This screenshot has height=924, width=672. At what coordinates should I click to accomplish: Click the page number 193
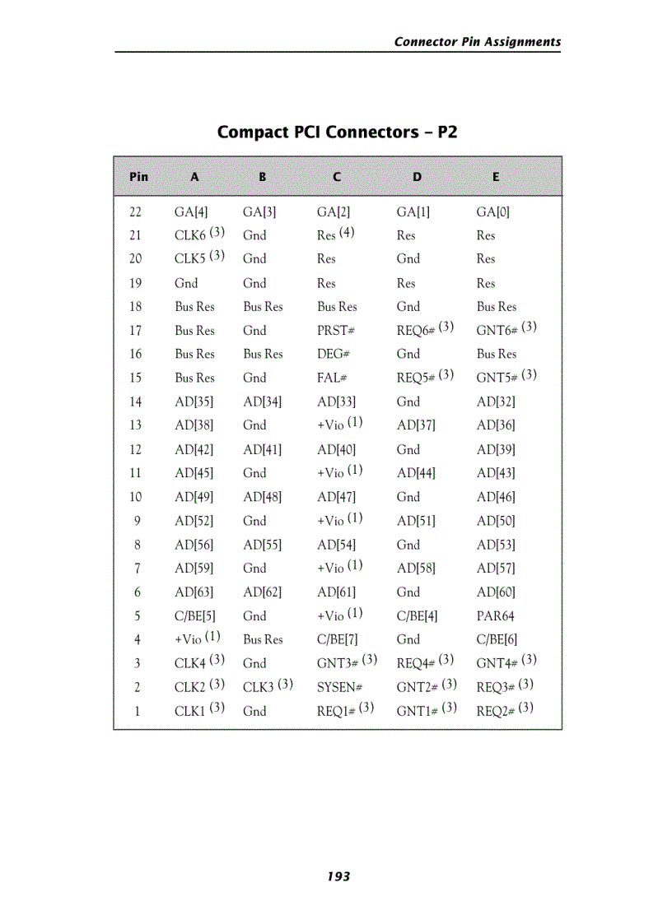coord(338,876)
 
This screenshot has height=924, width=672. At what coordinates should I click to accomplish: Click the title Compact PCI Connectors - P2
coord(337,132)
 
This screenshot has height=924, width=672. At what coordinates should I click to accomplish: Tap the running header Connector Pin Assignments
coord(477,42)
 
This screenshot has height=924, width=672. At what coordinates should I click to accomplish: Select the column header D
coord(417,176)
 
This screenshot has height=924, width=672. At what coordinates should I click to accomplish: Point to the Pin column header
coord(138,176)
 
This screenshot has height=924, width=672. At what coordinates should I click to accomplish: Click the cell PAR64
coord(495,615)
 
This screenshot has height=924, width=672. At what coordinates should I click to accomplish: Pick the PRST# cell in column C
coord(335,331)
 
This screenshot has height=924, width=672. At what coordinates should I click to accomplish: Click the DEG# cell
coord(334,354)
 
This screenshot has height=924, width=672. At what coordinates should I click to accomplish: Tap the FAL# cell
coord(332,378)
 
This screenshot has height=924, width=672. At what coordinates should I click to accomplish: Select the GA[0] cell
coord(492,211)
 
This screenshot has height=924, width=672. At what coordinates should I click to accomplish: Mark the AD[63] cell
coord(194,592)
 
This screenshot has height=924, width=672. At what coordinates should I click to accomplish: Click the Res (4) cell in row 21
coord(335,234)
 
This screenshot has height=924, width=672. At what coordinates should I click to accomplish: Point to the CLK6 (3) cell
coord(199,234)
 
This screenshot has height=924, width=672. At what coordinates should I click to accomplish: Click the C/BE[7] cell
coord(337,639)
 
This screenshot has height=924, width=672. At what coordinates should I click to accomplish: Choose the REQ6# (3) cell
coord(425,330)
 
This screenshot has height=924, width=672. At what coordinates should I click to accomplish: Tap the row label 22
coord(136,211)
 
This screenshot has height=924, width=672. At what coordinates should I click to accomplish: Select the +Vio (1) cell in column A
coord(197,638)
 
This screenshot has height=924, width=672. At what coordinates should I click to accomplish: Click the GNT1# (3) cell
coord(427,710)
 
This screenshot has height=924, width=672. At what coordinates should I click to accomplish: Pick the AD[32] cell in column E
coord(496,402)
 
